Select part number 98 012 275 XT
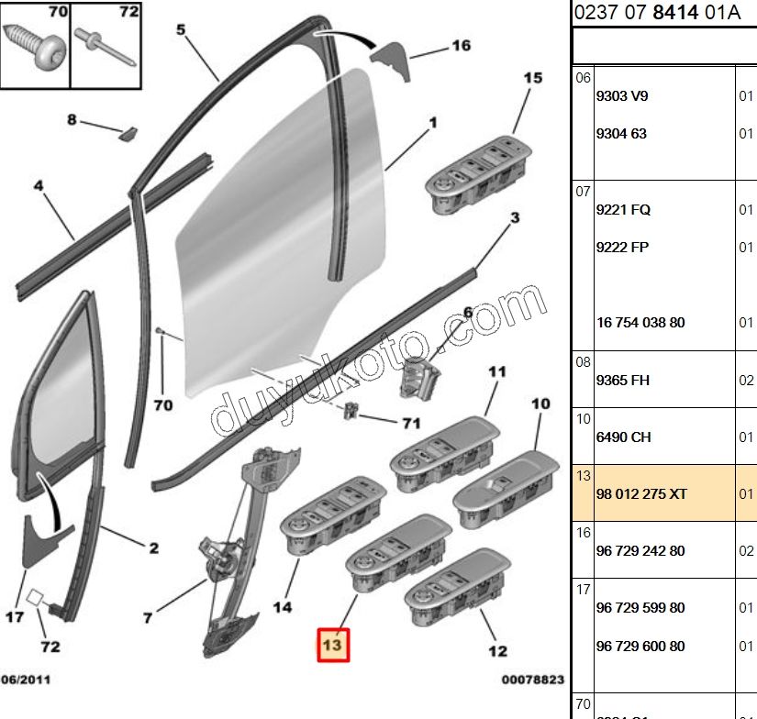(x=641, y=494)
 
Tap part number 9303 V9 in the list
(x=622, y=96)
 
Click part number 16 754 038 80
(x=640, y=323)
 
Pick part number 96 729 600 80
(x=640, y=647)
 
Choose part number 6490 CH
(x=623, y=437)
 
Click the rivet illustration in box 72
(x=106, y=45)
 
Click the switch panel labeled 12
(x=459, y=586)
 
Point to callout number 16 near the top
(x=461, y=46)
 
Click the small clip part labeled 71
(x=351, y=410)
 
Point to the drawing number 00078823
(x=532, y=680)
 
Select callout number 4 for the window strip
(x=39, y=186)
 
